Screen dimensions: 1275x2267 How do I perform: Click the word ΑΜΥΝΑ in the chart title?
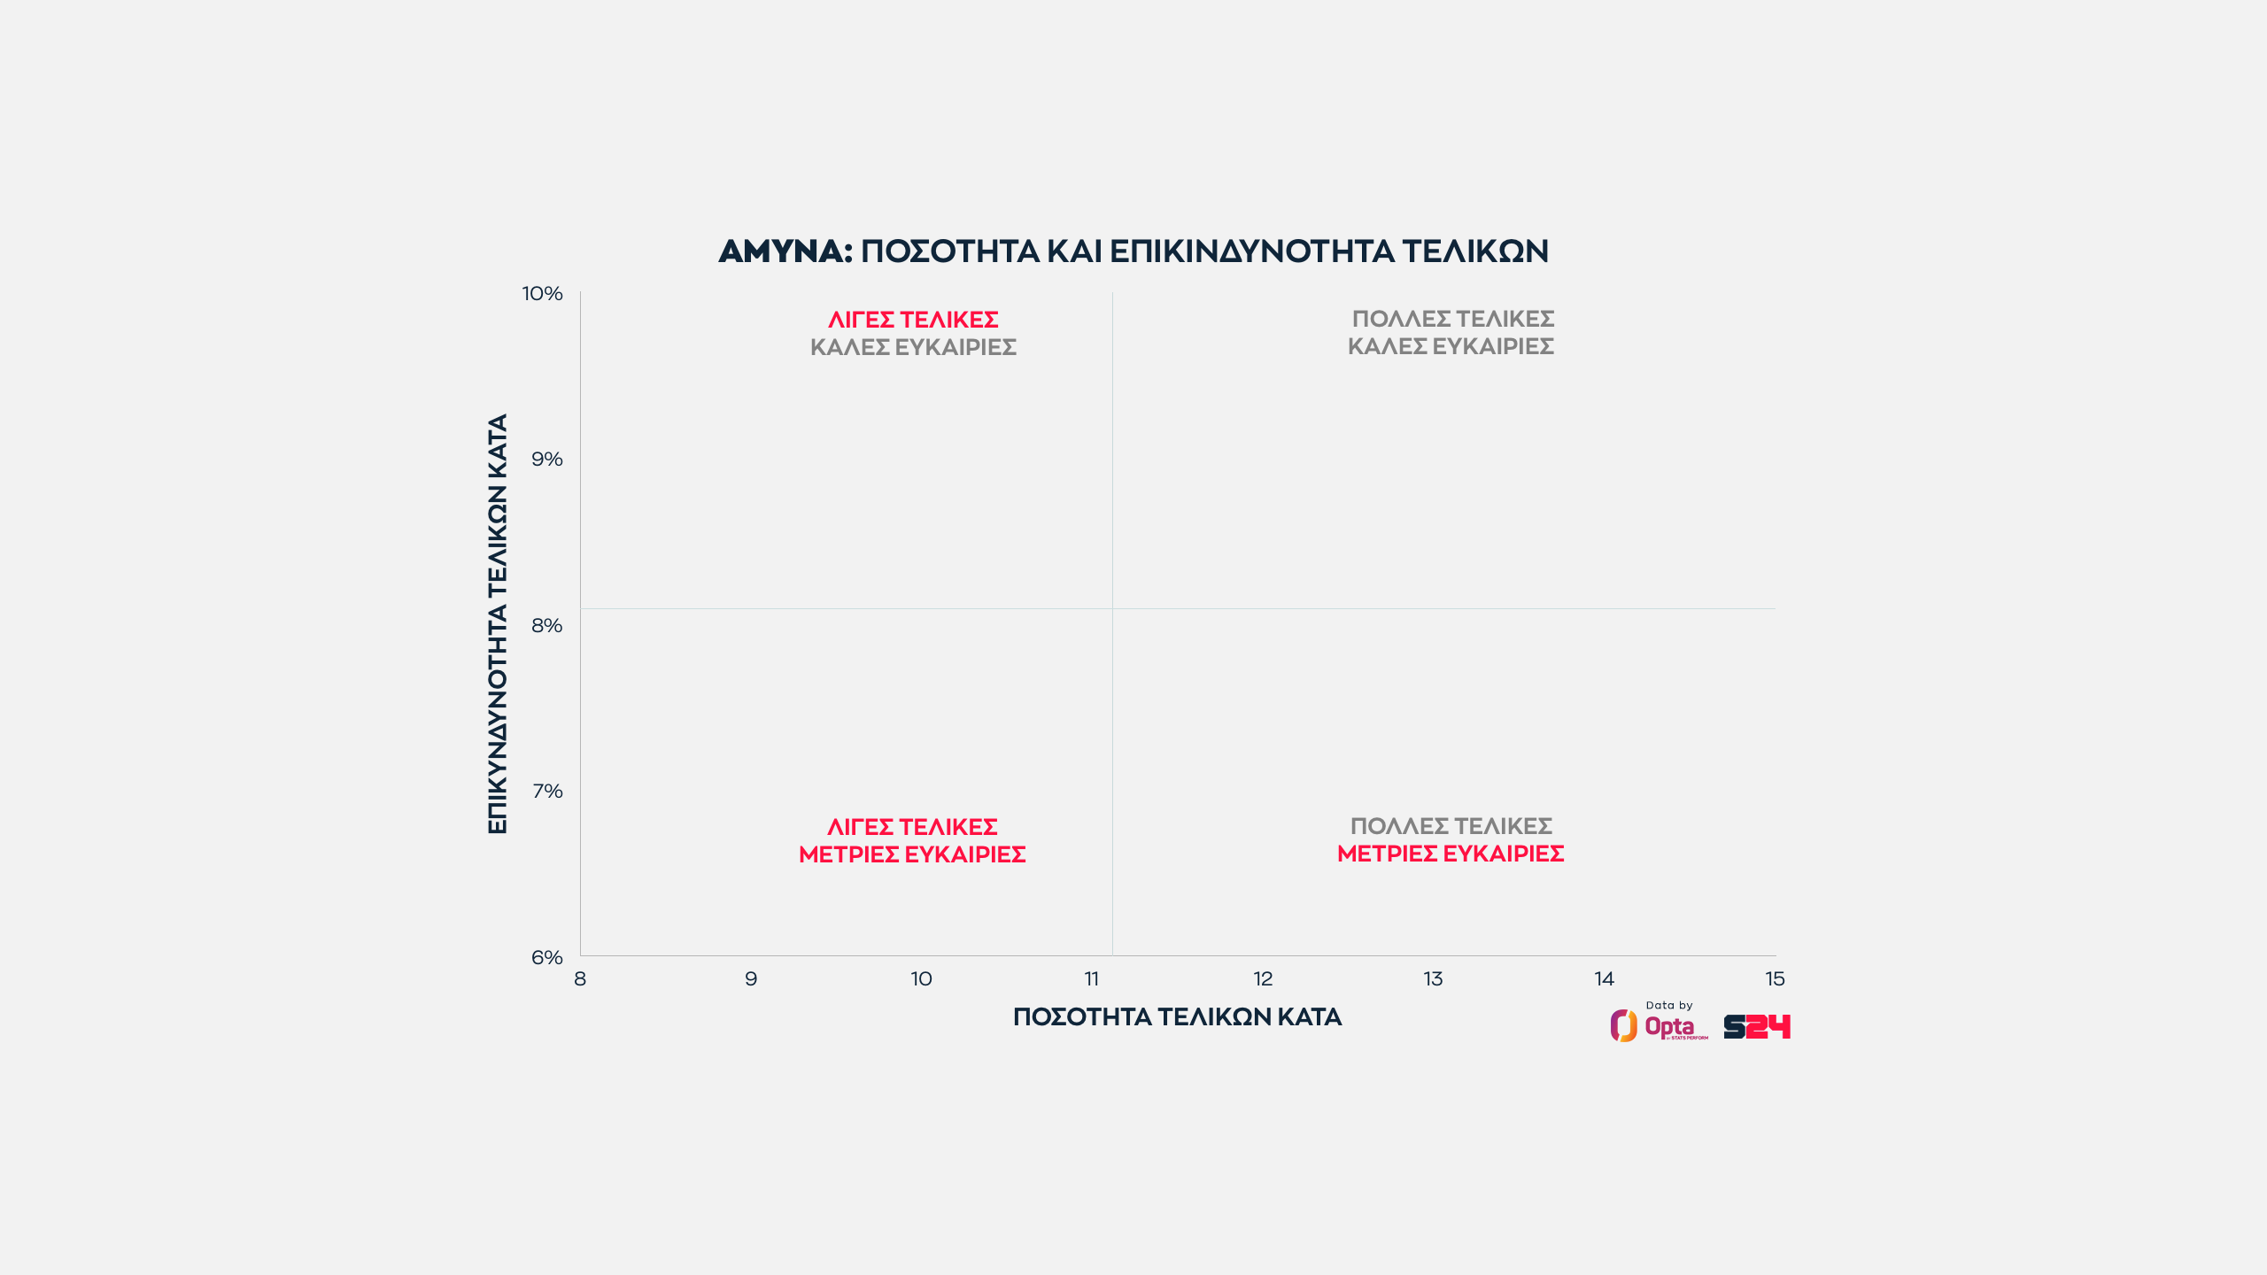click(785, 251)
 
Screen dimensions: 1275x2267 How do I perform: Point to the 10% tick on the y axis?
click(542, 293)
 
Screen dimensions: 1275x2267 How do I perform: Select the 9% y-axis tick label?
click(546, 459)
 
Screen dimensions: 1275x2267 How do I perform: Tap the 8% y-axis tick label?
click(546, 625)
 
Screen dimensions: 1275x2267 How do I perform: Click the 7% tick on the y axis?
click(547, 791)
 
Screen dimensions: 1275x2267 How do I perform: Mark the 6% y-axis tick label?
click(546, 957)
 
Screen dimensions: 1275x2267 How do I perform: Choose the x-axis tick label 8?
click(580, 978)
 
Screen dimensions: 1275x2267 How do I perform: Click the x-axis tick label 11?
click(1092, 978)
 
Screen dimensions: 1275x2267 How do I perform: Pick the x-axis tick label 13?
click(1433, 978)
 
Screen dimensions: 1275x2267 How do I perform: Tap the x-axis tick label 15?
click(1775, 978)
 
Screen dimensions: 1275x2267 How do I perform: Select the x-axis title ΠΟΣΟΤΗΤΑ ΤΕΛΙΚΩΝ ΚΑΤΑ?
click(1177, 1016)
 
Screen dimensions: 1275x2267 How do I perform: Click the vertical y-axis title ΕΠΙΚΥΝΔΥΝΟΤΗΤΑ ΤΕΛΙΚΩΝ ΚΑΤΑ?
click(498, 623)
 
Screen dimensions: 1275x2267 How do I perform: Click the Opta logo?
click(1658, 1026)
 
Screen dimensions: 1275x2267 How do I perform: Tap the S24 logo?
click(1757, 1026)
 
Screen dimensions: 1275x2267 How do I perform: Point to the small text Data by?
click(1668, 1005)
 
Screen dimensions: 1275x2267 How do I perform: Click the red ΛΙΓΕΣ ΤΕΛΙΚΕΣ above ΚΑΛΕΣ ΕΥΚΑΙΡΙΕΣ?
click(913, 319)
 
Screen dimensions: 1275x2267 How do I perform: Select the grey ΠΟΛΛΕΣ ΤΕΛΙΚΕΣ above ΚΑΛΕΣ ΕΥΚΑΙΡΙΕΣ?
click(1452, 318)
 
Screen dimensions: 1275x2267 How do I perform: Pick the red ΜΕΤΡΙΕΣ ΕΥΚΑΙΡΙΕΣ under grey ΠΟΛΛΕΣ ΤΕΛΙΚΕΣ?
click(1451, 854)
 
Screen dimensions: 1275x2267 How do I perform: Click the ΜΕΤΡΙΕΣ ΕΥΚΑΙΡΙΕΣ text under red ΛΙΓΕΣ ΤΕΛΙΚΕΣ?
click(912, 854)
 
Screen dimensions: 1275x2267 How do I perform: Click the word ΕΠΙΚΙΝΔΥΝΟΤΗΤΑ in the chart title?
click(1251, 251)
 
